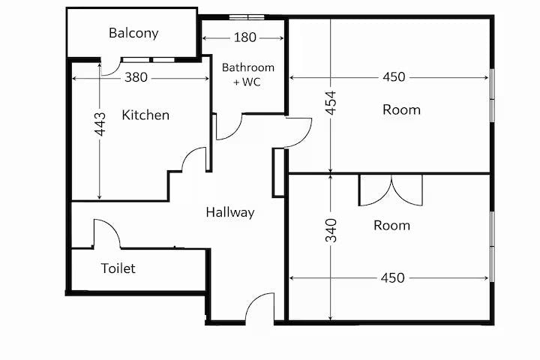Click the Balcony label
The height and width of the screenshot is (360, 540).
(x=133, y=34)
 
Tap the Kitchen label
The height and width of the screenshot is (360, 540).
(x=145, y=115)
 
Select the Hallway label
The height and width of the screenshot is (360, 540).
(x=230, y=212)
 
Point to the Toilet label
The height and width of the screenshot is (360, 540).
(x=118, y=268)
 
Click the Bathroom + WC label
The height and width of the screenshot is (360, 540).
(x=248, y=74)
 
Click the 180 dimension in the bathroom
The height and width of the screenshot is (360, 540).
(x=244, y=37)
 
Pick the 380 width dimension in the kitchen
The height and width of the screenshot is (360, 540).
(x=136, y=77)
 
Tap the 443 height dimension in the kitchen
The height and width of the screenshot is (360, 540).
(x=100, y=124)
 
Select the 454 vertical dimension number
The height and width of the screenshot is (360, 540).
(x=331, y=103)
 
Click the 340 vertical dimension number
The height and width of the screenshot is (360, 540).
(x=331, y=230)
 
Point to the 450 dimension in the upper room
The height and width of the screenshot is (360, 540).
(x=394, y=76)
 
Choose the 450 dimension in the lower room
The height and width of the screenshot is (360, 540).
(x=392, y=277)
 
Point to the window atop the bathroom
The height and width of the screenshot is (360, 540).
(x=247, y=17)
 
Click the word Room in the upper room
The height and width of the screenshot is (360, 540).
(x=401, y=110)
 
